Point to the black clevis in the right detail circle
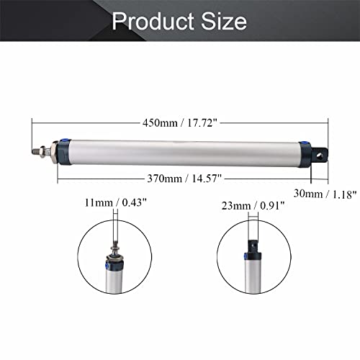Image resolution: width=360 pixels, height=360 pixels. point(253,248)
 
